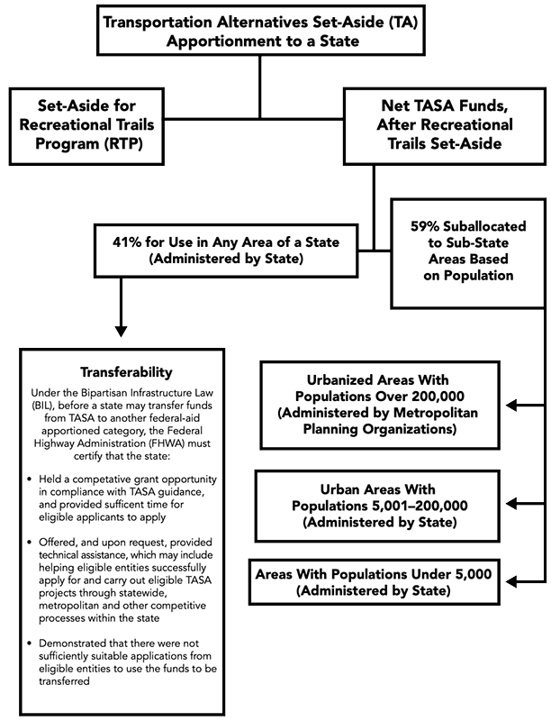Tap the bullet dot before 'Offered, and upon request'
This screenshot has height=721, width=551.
32,548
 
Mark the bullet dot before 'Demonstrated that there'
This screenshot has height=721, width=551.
32,644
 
